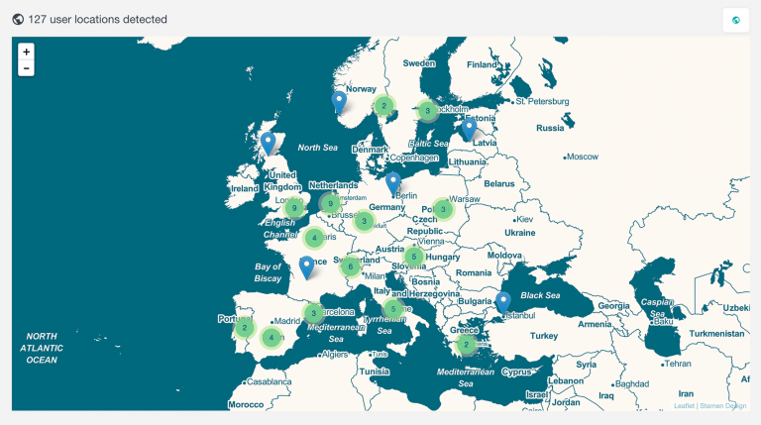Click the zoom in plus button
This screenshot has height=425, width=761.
(x=26, y=52)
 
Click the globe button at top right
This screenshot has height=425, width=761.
(x=736, y=20)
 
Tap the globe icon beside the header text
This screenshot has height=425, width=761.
(x=18, y=19)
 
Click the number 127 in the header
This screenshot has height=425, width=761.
(x=39, y=19)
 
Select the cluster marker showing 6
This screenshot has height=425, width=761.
(x=350, y=266)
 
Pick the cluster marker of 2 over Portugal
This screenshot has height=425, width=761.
(x=245, y=327)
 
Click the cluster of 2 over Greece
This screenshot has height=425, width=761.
(x=466, y=345)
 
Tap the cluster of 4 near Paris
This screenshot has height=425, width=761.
(x=314, y=238)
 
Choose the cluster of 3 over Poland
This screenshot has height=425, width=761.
(x=442, y=209)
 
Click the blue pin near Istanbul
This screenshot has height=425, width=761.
(x=503, y=301)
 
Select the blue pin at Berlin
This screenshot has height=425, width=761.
(x=393, y=182)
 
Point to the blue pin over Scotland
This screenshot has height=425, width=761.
(x=268, y=144)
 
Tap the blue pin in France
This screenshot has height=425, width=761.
(x=307, y=266)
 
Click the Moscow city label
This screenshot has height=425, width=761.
(x=584, y=157)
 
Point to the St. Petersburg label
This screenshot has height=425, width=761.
(x=541, y=101)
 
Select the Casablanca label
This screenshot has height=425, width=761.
(x=270, y=381)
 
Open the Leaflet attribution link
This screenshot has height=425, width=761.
(x=684, y=405)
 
